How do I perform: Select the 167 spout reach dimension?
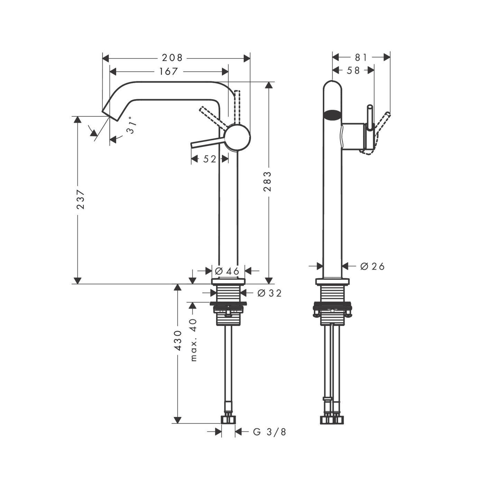point(168,71)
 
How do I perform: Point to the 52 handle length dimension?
point(210,159)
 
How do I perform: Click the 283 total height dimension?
point(268,181)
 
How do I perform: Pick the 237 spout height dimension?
point(81,199)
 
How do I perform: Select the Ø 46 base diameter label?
point(227,271)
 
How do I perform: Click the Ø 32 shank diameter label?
point(270,293)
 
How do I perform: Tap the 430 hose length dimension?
point(178,340)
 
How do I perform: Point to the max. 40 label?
point(194,340)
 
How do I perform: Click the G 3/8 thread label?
point(270,432)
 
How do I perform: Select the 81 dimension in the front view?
point(361,57)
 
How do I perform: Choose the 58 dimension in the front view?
point(353,71)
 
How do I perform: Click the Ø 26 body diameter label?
point(372,266)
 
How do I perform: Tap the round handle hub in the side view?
point(238,137)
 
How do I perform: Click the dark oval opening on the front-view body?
point(332,114)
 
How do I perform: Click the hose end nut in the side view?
point(228,419)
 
